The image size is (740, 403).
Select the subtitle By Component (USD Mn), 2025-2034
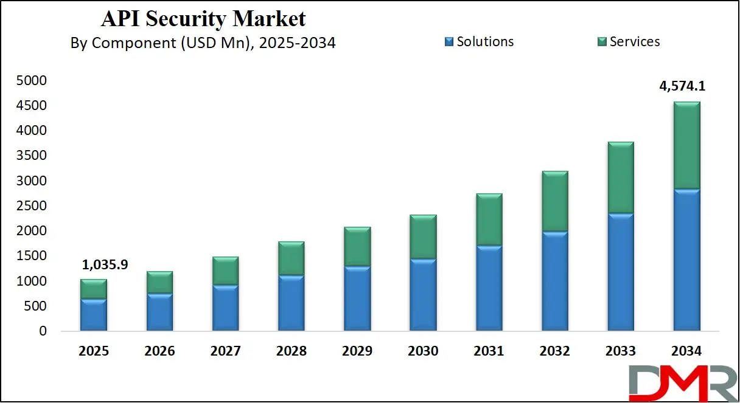203,43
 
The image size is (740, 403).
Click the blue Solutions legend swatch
449,42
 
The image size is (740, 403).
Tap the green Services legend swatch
602,42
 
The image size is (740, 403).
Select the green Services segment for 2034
686,145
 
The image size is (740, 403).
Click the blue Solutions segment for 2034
686,260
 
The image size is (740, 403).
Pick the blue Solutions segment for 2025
94,315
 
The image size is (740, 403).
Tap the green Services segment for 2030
423,237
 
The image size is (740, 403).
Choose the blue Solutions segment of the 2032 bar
555,281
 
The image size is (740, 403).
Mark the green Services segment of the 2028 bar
291,258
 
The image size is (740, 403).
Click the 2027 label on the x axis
225,351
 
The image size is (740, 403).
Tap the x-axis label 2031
489,351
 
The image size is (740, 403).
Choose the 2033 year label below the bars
621,351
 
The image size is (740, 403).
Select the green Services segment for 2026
159,283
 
